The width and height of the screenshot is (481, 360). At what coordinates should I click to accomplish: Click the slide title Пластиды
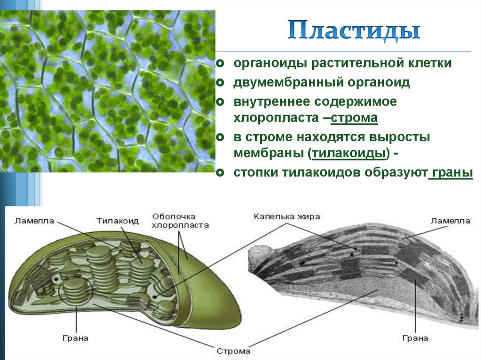tap(354, 31)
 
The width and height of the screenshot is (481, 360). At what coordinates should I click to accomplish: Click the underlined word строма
tap(355, 118)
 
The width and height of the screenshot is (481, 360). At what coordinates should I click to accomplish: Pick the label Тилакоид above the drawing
tap(117, 221)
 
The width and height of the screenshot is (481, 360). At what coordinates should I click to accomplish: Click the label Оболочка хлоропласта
tap(180, 221)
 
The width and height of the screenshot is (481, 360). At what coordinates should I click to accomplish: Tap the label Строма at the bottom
tap(233, 351)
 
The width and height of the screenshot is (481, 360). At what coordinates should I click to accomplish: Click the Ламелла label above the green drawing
tap(34, 221)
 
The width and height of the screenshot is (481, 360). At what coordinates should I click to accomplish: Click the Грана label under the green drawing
tap(75, 338)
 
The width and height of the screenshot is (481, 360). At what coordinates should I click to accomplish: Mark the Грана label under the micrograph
tap(415, 338)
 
